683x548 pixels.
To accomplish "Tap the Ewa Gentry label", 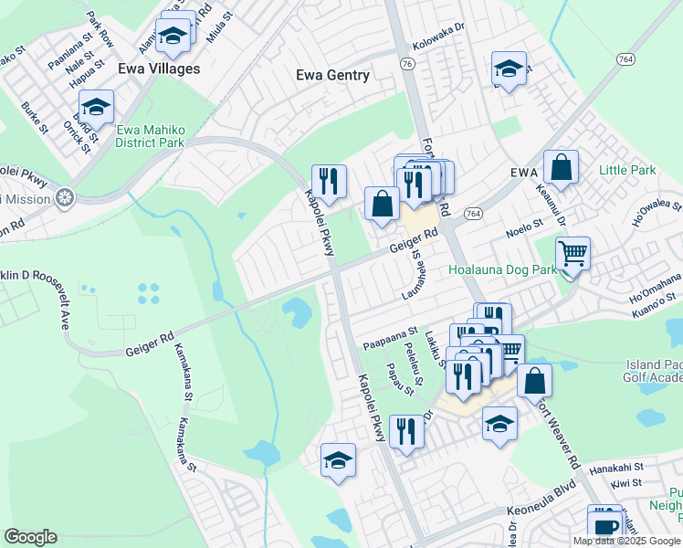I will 333,76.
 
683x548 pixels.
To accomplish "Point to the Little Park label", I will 627,171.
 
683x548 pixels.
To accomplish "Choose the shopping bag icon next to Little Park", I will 561,167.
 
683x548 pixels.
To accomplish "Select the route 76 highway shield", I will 407,63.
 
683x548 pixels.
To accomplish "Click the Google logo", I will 30,537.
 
